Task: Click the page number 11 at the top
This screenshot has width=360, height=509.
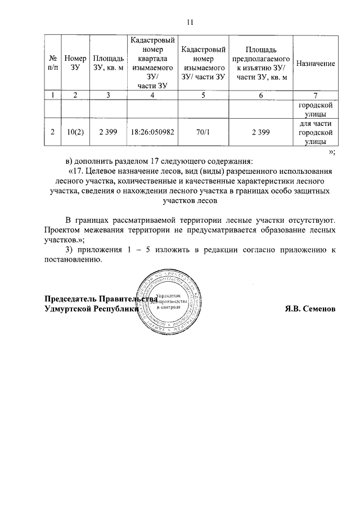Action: tap(190, 22)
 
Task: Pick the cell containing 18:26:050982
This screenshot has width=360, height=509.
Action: tap(152, 133)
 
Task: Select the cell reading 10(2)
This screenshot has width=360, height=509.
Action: tap(75, 133)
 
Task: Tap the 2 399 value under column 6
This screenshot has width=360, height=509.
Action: tap(260, 133)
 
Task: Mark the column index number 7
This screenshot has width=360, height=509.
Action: tap(315, 96)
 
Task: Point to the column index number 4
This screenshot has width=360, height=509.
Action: tap(152, 96)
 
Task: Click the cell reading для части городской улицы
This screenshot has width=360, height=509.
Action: tap(315, 133)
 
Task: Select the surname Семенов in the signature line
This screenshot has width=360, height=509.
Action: tap(319, 309)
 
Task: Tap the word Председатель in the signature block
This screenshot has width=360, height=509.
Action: tap(70, 299)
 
